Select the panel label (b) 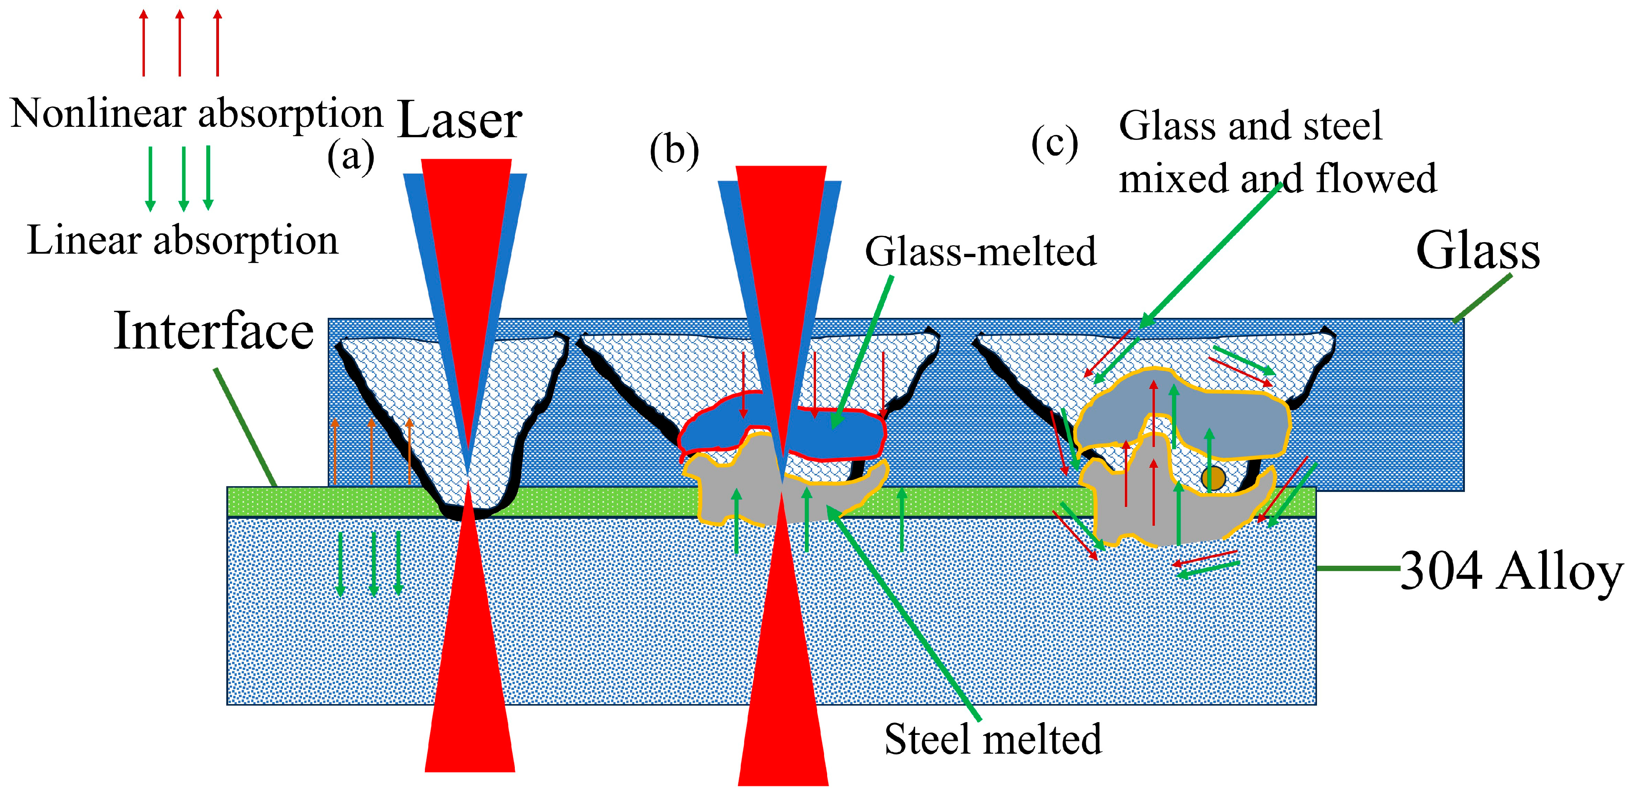[x=674, y=151]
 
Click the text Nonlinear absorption [x=196, y=115]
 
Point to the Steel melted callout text [x=993, y=740]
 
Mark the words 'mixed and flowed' [x=1277, y=179]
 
